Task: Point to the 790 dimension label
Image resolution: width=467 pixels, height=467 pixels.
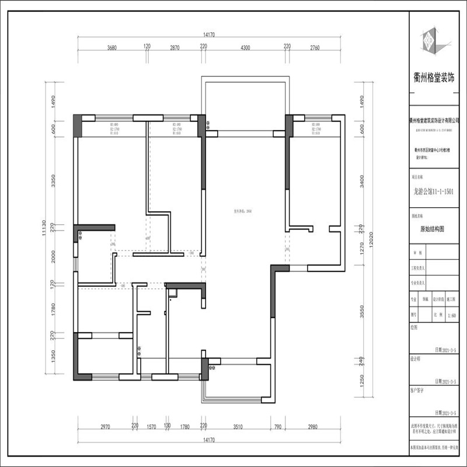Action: pyautogui.click(x=278, y=427)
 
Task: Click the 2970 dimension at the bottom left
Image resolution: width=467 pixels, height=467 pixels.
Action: pyautogui.click(x=105, y=427)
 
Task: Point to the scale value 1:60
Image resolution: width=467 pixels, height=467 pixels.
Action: pyautogui.click(x=451, y=316)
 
